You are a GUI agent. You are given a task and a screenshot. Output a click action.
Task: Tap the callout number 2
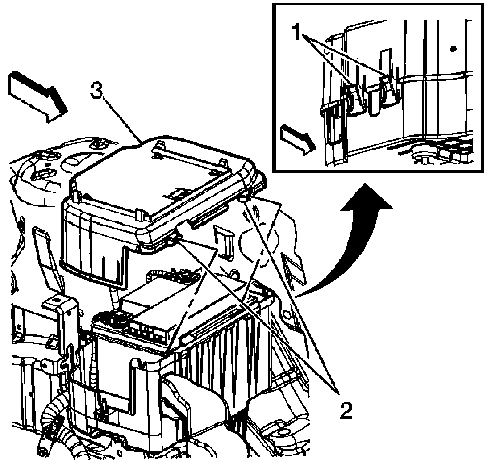[x=344, y=410]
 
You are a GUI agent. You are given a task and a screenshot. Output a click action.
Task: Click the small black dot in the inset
[x=454, y=47]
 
